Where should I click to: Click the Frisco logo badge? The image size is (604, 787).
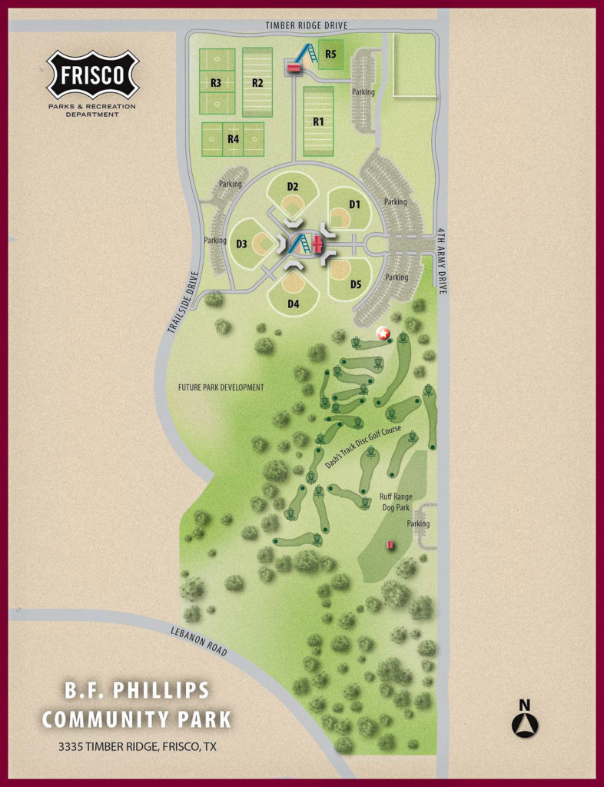(93, 75)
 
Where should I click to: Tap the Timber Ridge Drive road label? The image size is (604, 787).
(307, 25)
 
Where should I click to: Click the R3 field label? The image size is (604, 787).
(216, 82)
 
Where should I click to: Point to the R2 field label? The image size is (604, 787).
(257, 82)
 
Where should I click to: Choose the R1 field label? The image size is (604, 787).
(318, 121)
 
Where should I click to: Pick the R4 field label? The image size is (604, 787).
(233, 139)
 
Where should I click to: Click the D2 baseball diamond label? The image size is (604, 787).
(293, 187)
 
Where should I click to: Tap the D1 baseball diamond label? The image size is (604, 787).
(354, 204)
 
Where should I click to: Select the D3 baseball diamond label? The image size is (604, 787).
(241, 244)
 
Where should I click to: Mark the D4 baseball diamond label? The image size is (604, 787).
(293, 304)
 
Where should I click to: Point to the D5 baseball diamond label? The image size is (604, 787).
(356, 284)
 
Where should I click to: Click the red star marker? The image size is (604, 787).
(383, 334)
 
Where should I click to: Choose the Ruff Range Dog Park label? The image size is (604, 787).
(397, 501)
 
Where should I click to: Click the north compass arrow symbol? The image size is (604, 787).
(526, 724)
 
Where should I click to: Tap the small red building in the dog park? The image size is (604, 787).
(390, 544)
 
